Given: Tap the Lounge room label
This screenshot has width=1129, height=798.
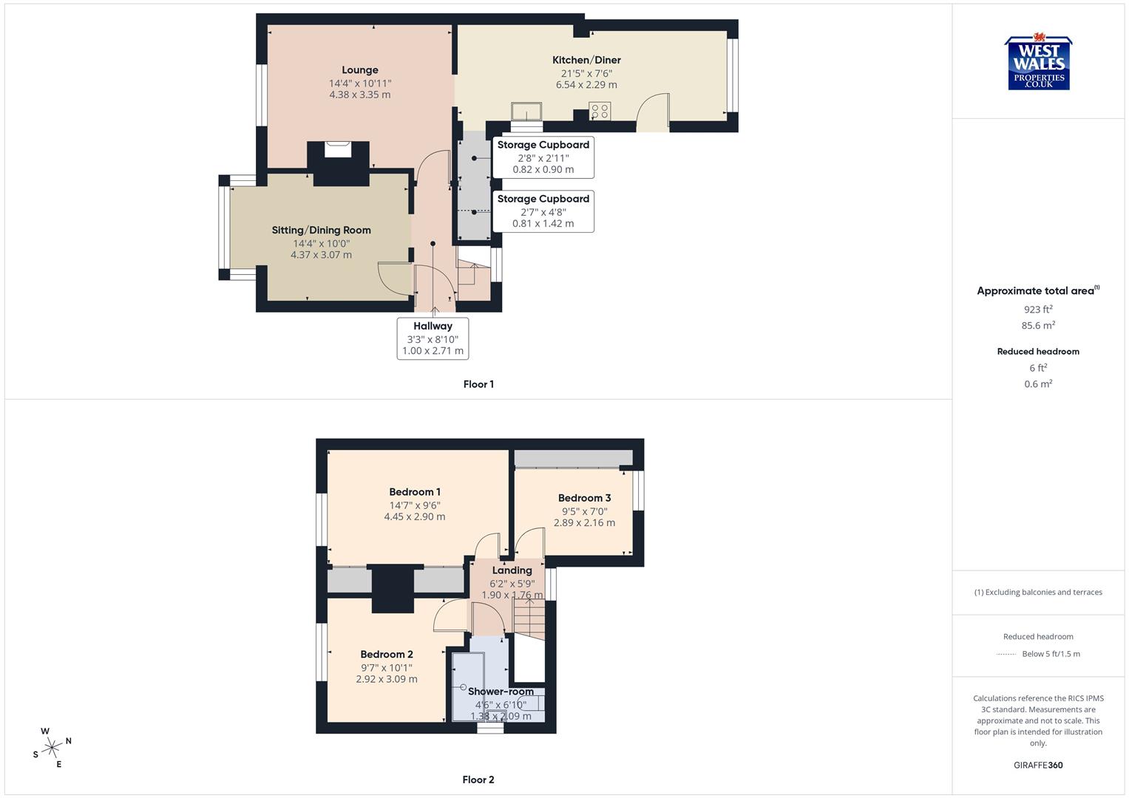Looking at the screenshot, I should (360, 70).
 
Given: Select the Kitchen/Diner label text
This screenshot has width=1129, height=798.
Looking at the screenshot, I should (586, 60).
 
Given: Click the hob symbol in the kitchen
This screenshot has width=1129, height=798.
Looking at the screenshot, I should (600, 112).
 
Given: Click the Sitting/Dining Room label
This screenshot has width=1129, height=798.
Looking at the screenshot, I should (321, 230).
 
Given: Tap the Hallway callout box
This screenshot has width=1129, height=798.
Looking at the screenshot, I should (433, 338).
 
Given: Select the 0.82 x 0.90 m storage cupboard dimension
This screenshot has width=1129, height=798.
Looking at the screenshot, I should (543, 169).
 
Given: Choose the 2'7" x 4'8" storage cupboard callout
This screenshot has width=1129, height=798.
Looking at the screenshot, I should (543, 211).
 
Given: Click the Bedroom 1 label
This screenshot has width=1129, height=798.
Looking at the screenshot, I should (415, 492).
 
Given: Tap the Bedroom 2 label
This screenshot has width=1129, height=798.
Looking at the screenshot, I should (387, 654).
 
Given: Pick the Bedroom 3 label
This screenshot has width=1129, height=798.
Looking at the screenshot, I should (584, 498).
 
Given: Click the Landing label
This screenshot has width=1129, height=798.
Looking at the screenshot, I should (512, 570).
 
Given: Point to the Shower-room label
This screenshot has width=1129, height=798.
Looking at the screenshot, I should (501, 692).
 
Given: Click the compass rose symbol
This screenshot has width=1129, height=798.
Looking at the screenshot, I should (52, 748).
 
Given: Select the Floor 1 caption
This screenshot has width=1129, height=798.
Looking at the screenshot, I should (478, 384).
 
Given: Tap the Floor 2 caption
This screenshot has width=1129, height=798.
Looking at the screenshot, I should (478, 780).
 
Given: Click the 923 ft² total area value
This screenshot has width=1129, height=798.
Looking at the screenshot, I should (1038, 310).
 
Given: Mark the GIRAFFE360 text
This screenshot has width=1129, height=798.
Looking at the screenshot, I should (1038, 765).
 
